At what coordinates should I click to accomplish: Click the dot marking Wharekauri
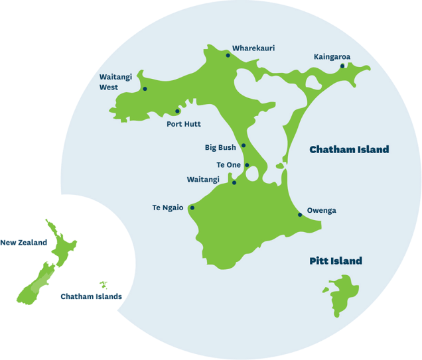click(x=228, y=55)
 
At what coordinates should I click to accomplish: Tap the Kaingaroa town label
click(x=332, y=56)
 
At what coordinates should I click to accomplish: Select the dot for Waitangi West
click(x=145, y=89)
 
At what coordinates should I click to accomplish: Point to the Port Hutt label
click(x=183, y=124)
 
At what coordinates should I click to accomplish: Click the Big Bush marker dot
click(x=244, y=145)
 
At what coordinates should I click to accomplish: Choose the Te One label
click(x=228, y=164)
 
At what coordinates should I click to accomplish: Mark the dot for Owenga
click(x=300, y=214)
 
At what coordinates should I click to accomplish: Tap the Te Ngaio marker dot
click(x=192, y=208)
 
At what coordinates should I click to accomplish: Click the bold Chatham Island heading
click(x=349, y=150)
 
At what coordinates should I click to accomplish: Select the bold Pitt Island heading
click(x=336, y=261)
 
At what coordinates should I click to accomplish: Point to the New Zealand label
click(x=24, y=243)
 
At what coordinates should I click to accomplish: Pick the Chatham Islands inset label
click(x=91, y=296)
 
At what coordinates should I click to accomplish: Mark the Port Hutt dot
click(x=177, y=111)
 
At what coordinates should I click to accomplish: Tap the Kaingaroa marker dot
click(x=342, y=66)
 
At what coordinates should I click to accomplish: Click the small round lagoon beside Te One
click(x=253, y=174)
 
